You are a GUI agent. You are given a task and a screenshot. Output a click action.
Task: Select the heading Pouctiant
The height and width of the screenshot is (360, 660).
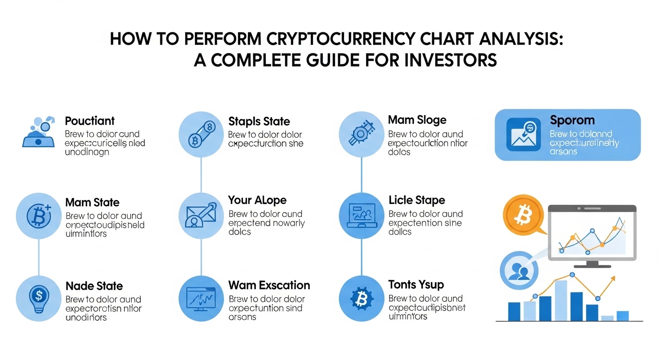point(90,121)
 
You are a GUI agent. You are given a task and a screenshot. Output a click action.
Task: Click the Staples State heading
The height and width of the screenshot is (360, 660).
point(259,121)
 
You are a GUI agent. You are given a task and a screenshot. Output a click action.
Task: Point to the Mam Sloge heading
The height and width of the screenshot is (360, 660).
point(417,120)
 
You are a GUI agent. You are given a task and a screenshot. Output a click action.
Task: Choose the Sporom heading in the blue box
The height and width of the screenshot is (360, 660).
point(572,120)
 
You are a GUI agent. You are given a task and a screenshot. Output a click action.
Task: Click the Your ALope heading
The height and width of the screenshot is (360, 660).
point(257,200)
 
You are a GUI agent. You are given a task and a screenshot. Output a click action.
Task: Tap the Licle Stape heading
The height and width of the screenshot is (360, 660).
point(416,200)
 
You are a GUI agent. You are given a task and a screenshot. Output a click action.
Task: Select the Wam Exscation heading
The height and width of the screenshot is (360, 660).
point(269,285)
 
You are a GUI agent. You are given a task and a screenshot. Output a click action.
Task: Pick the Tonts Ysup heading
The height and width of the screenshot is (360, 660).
point(416,285)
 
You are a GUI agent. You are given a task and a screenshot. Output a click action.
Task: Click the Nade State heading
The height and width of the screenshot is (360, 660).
point(94,286)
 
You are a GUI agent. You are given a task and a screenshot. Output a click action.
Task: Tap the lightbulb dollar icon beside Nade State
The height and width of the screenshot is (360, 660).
point(38,297)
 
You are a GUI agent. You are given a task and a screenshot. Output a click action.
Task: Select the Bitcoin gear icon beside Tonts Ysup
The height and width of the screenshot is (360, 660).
point(361,298)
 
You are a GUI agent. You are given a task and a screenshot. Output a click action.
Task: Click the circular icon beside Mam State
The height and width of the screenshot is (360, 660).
point(38,216)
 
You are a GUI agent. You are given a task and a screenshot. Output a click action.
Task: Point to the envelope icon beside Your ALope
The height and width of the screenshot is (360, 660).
point(201,216)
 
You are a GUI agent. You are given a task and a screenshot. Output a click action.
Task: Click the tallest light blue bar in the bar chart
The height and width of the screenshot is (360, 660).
point(561,300)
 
